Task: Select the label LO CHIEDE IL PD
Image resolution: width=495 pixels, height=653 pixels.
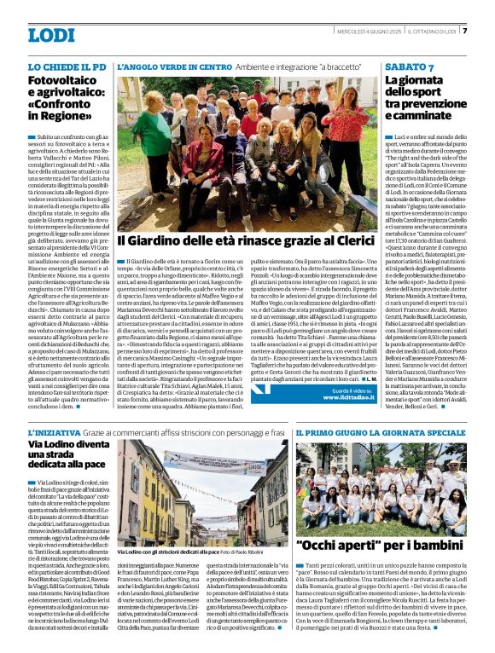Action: pyautogui.click(x=67, y=66)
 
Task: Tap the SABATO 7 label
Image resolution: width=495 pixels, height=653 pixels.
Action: pyautogui.click(x=409, y=66)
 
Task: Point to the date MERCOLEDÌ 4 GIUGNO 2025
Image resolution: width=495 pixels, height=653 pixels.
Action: pyautogui.click(x=372, y=32)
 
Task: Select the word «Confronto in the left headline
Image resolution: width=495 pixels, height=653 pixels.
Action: pyautogui.click(x=63, y=107)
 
